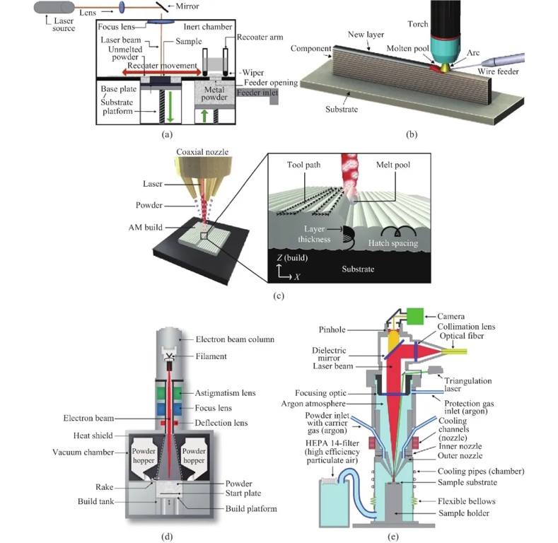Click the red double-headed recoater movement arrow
[159, 71]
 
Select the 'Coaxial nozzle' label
[187, 151]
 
